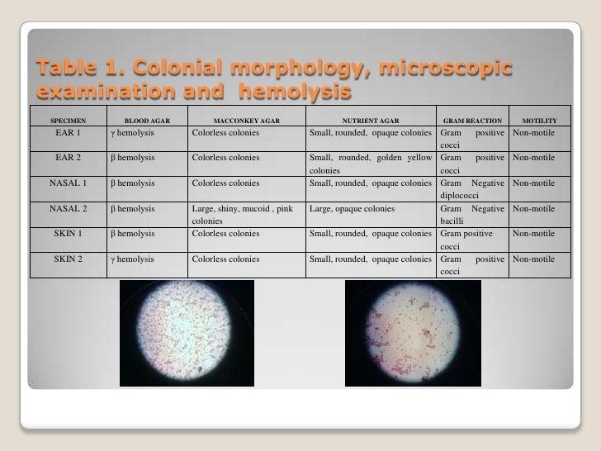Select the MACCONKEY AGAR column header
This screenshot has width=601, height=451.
[246, 121]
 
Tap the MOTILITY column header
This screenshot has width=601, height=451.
[539, 121]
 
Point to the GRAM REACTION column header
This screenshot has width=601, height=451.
[473, 121]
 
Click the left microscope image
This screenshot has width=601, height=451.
[187, 333]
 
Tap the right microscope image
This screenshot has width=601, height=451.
[412, 333]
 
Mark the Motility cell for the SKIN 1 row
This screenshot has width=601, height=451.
[539, 235]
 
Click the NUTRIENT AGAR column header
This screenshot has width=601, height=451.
[370, 121]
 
